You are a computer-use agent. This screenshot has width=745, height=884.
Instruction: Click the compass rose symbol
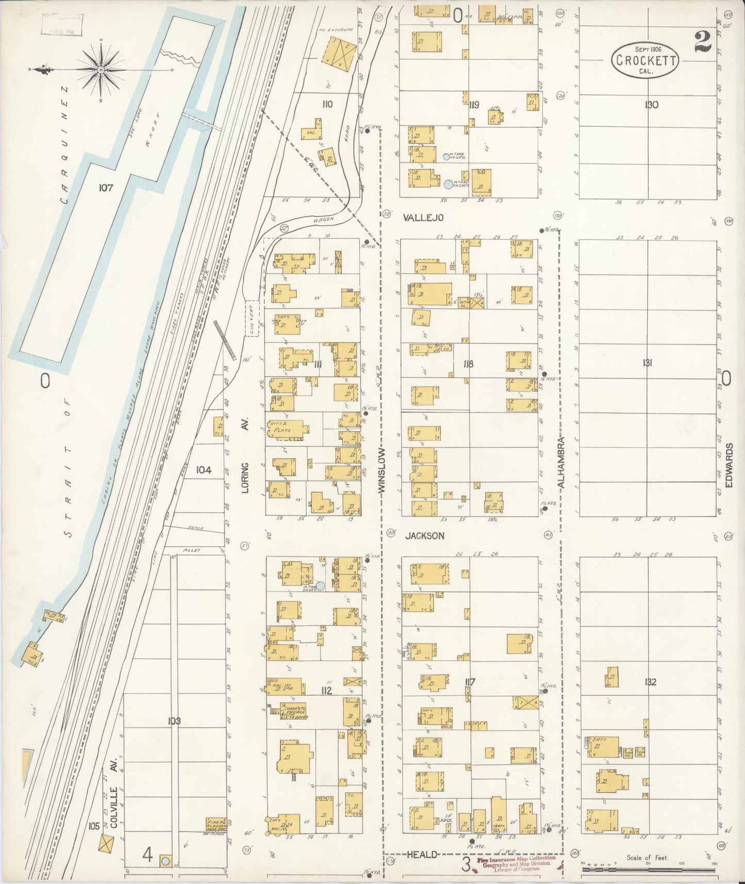pos(101,70)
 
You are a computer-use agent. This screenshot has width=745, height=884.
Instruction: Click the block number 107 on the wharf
pos(106,188)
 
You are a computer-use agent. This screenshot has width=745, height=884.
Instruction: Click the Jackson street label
pos(424,536)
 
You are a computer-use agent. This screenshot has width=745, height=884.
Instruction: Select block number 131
pos(648,363)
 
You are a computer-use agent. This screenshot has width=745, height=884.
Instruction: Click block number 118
pos(468,364)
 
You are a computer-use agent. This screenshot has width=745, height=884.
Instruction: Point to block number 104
pos(204,470)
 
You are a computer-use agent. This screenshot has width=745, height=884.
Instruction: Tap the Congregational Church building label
pos(294,711)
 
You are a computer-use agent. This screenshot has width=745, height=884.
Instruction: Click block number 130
pos(651,105)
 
